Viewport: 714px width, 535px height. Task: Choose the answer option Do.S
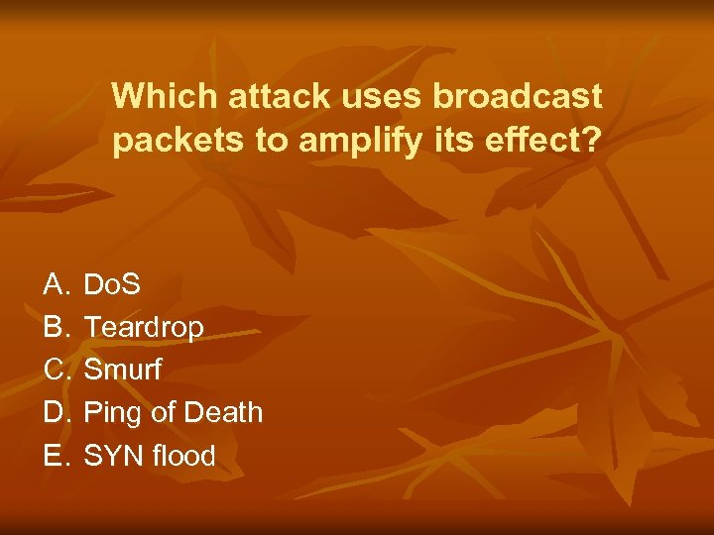[x=112, y=285]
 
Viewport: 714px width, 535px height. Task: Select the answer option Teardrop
[x=144, y=327]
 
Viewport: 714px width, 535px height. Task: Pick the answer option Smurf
[x=123, y=370]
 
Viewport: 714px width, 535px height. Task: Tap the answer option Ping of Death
[x=174, y=412]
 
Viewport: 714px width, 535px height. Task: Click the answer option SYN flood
[x=150, y=455]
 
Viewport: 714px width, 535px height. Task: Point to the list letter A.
[x=55, y=285]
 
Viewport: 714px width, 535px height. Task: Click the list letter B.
[x=55, y=327]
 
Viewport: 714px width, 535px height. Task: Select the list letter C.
[x=55, y=370]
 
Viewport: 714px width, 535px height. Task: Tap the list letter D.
[x=55, y=412]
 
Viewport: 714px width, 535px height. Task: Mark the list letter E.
[x=55, y=455]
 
